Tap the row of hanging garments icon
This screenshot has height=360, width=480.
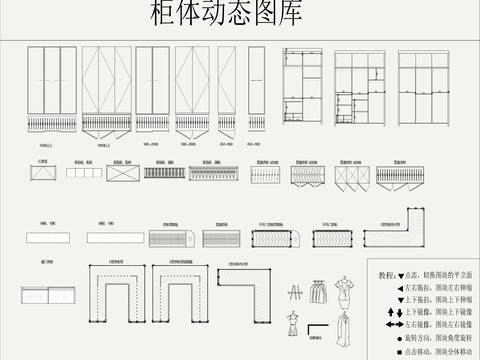pyautogui.click(x=317, y=291)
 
